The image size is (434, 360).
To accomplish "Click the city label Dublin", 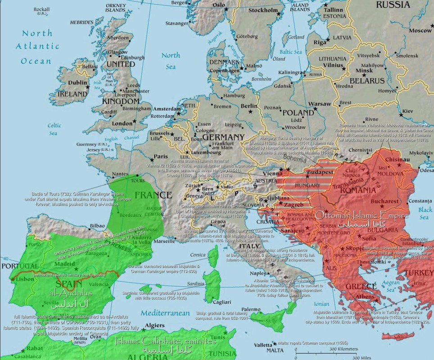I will point(77,83).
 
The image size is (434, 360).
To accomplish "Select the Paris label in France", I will point(161,157).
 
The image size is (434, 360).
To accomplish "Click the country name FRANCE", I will point(153,195).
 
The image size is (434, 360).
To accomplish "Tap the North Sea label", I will point(171,61).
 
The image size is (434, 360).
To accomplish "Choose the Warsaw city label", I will point(319,103).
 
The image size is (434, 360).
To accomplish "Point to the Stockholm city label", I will point(263,10).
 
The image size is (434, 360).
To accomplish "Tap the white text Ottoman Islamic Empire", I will point(362,215).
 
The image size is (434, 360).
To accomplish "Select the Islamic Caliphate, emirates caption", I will point(166,341).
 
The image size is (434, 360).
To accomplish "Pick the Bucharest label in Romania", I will point(385,201).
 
